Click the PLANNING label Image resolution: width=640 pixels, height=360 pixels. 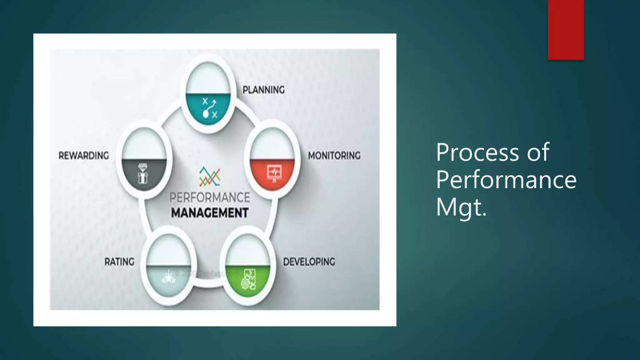263,90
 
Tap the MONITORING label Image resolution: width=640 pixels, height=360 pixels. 334,156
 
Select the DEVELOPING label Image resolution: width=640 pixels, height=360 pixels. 309,262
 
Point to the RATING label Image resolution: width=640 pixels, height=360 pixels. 119,262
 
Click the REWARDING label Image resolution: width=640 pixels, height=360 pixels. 84,156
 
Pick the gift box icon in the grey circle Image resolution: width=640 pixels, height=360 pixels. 143,173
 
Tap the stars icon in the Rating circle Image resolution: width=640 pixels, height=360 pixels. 169,277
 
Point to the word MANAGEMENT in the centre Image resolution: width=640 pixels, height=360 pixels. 210,213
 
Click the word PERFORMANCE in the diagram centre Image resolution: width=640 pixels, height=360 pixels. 210,197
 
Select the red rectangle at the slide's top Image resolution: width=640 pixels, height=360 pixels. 566,30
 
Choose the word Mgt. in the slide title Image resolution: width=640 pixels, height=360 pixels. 461,207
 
